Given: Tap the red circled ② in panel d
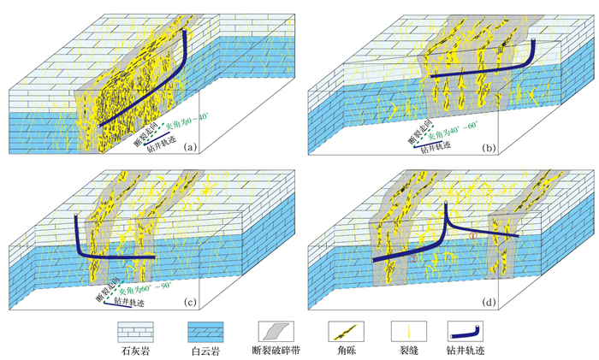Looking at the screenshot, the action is tap(414, 256).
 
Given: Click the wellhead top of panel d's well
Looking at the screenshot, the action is tap(446, 204).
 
